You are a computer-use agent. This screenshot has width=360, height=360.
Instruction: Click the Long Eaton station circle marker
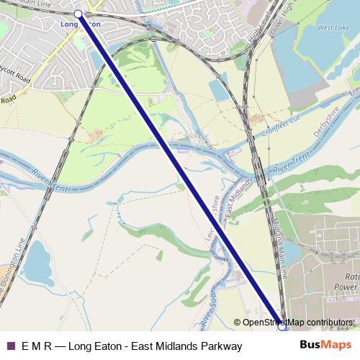[78, 14]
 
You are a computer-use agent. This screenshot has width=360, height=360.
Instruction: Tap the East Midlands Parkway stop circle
[282, 328]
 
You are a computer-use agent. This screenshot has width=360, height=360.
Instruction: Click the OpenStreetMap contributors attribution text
[297, 323]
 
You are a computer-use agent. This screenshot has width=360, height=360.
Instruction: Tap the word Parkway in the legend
[220, 346]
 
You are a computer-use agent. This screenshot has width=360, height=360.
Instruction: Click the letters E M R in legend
[37, 346]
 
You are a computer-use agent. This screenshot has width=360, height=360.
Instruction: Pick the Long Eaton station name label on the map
[80, 24]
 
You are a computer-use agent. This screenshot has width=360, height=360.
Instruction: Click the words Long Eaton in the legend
[93, 346]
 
